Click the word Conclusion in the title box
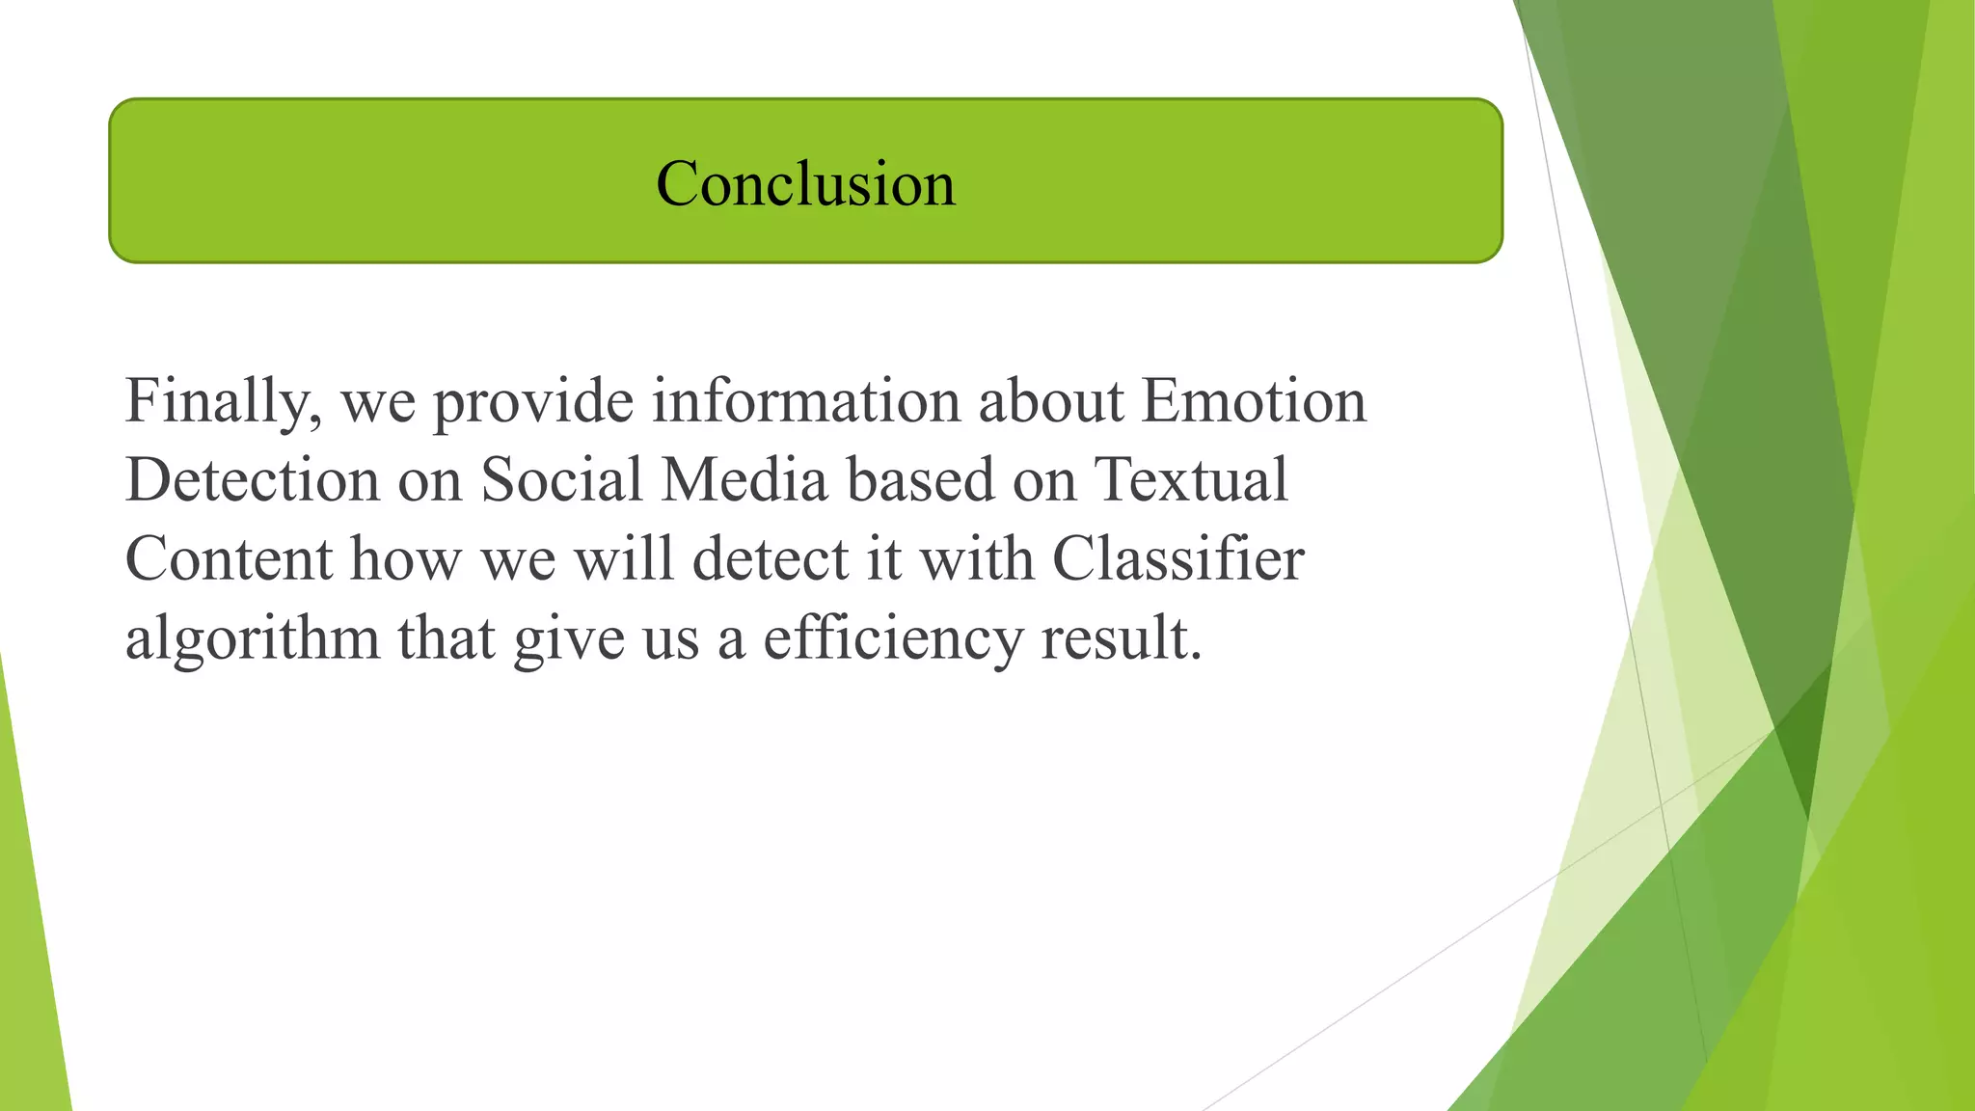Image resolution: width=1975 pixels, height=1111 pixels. (805, 183)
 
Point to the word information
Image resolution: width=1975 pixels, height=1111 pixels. (806, 400)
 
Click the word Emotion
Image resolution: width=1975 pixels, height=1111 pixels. (1254, 400)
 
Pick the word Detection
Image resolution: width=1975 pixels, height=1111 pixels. (253, 479)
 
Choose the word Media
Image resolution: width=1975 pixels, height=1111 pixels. (744, 479)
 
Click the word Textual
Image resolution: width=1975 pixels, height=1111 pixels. (1191, 479)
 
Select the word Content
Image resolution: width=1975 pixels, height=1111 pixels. (229, 559)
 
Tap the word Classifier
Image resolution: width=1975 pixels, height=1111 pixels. (1177, 559)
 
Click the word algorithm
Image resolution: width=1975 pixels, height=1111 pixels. (253, 639)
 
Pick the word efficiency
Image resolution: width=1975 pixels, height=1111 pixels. (892, 639)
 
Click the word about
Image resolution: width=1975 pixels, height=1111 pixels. (1051, 400)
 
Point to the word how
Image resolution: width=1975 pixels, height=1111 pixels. (405, 559)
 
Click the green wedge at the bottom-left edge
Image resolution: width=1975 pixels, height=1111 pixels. (29, 964)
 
